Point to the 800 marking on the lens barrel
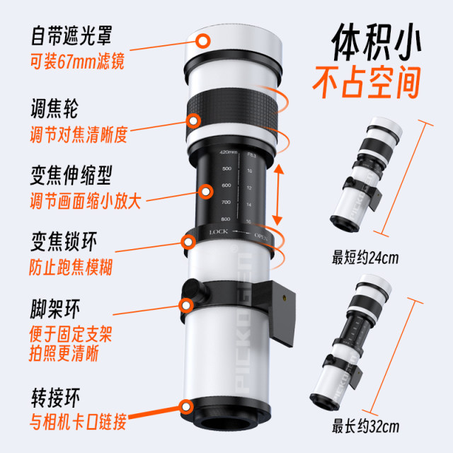click(226, 219)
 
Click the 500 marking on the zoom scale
click(226, 169)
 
